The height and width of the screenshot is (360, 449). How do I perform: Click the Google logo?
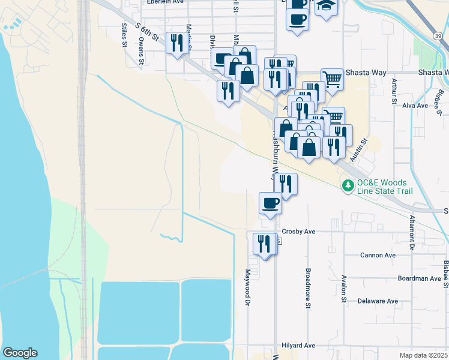point(20,353)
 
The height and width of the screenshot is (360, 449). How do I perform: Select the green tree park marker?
point(347,187)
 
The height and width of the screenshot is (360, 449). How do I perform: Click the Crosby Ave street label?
point(298,231)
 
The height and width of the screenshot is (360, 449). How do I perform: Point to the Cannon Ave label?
point(378,255)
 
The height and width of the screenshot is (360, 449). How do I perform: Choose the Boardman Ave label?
point(419,278)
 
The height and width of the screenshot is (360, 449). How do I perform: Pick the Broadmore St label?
point(307,288)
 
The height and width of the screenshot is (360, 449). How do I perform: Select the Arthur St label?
point(394,91)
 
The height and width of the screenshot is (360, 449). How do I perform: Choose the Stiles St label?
point(124,35)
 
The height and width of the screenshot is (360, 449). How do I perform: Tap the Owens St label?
point(142,50)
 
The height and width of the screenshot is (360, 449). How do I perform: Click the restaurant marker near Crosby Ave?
point(265,244)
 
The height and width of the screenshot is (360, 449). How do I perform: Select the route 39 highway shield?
point(439,37)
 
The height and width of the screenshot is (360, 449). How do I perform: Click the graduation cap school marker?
point(326,6)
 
